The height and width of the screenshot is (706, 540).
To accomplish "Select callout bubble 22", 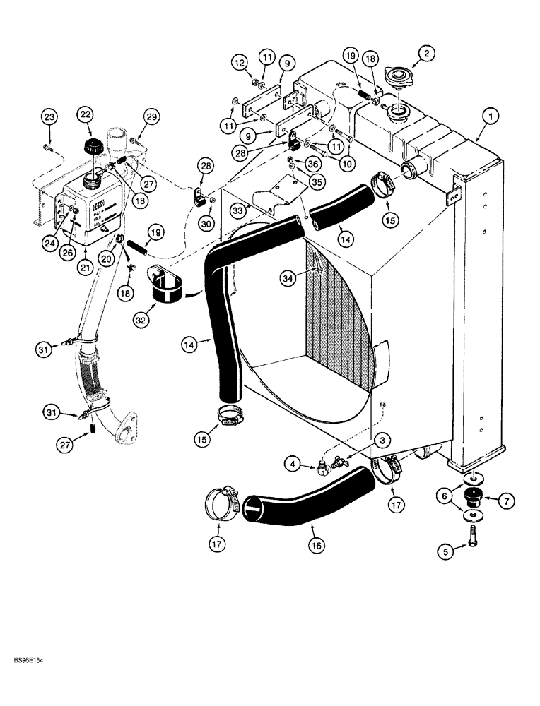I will (x=85, y=114).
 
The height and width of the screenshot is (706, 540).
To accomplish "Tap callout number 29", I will (x=152, y=116).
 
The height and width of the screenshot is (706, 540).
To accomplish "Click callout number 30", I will (x=206, y=222).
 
